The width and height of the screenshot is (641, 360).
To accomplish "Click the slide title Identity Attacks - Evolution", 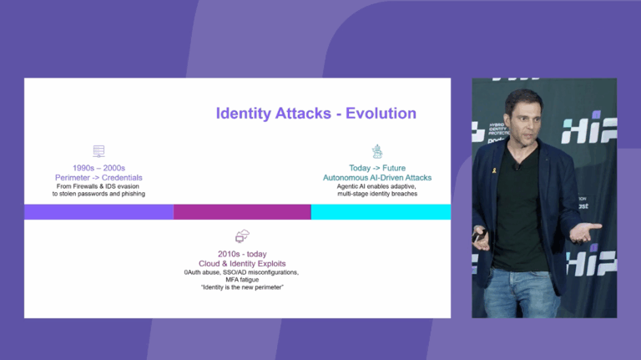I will point(315,114).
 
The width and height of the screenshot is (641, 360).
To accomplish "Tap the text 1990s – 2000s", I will point(98,168).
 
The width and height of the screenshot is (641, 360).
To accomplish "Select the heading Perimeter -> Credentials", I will point(98,177).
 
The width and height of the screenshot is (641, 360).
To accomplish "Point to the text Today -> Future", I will point(377,168).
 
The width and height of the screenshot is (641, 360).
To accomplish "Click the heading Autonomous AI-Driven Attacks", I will point(377,177).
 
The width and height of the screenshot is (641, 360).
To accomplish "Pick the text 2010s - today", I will point(243,254).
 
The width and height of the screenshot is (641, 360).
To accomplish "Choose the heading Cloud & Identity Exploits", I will point(243,263).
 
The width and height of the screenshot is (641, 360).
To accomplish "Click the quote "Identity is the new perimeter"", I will point(243,288).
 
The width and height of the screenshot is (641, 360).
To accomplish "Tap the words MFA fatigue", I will point(243,280).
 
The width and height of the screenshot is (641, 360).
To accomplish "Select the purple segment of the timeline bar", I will point(98,211).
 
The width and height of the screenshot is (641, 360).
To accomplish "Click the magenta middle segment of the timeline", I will point(242,211).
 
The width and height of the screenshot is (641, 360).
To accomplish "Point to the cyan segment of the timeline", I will point(381,211).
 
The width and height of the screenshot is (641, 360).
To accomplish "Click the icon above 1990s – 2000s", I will point(98,151).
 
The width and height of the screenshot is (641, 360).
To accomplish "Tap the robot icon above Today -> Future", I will point(377,151).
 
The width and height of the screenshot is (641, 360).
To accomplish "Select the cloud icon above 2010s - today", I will point(243,237).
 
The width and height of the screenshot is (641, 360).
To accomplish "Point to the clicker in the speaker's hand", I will point(477,236).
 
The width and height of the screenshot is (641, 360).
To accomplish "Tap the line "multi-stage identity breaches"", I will point(377,194).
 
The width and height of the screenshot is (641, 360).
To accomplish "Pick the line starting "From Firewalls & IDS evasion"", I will point(98,186).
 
